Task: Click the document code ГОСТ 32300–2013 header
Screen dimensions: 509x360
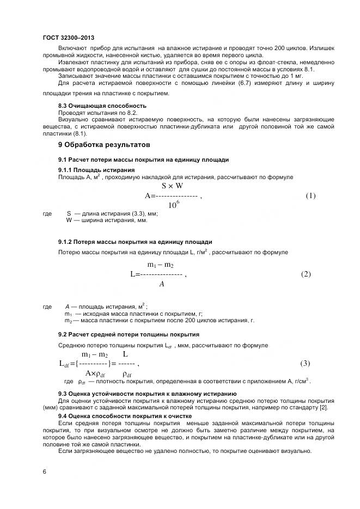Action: [68, 38]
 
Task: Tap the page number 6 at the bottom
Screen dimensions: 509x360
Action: [44, 471]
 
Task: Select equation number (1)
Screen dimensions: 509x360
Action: [310, 196]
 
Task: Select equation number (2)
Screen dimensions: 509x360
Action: [306, 274]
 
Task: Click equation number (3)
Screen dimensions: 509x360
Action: [306, 363]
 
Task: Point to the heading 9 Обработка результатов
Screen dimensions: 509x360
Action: [103, 145]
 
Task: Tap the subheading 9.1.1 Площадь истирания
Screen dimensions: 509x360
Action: [96, 170]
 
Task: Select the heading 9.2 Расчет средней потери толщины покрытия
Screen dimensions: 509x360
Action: [129, 334]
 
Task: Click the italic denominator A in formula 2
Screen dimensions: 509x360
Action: [161, 284]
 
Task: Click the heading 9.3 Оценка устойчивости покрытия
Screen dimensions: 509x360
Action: [147, 393]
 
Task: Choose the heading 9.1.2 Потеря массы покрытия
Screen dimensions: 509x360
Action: [135, 242]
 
